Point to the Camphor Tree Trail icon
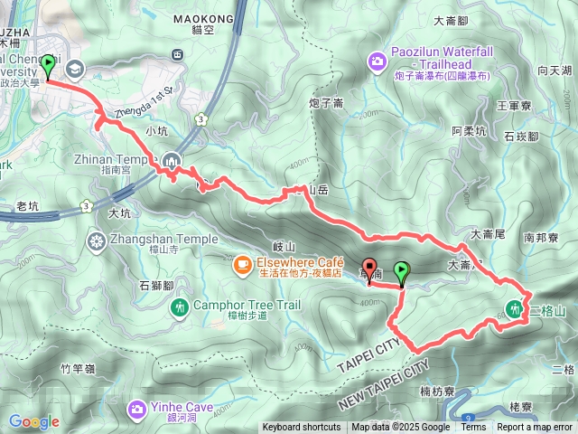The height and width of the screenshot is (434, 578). [x=179, y=307]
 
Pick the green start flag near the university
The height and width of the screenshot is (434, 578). [x=47, y=67]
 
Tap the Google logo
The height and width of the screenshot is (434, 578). [x=34, y=421]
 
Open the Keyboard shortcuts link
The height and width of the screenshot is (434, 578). [x=302, y=428]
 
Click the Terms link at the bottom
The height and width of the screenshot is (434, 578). [x=473, y=428]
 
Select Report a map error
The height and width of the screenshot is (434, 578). [x=535, y=428]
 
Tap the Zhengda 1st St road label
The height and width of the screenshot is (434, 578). [x=144, y=100]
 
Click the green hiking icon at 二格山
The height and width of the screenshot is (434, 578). [x=515, y=307]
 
